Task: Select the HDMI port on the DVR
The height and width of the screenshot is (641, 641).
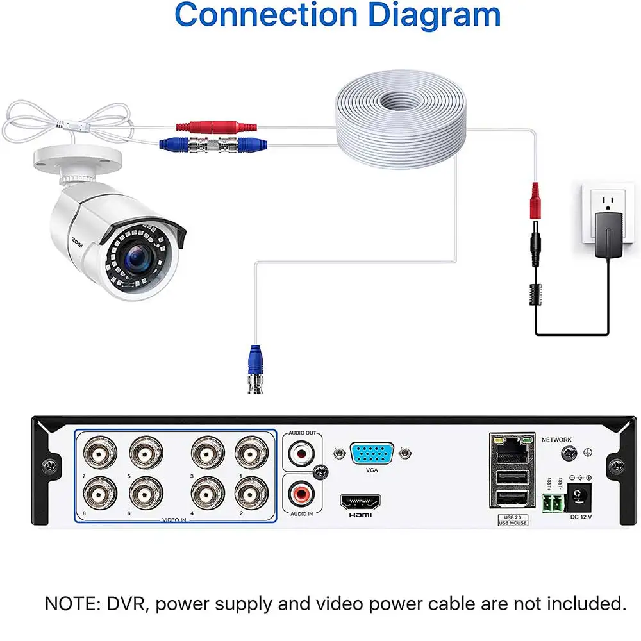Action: pos(362,501)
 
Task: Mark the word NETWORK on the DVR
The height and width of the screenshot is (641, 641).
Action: pos(556,440)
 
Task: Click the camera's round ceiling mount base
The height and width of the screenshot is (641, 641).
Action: pos(76,160)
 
